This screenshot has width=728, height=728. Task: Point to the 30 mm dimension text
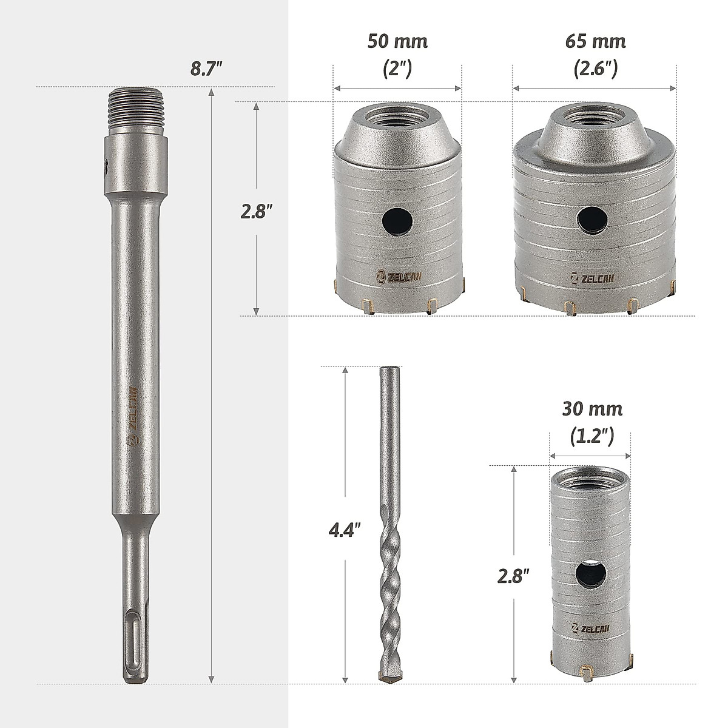tap(592, 409)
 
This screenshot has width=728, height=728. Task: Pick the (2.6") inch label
tap(595, 69)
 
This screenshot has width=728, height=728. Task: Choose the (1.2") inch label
tap(591, 437)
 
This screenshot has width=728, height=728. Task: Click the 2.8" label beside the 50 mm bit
tap(257, 211)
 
